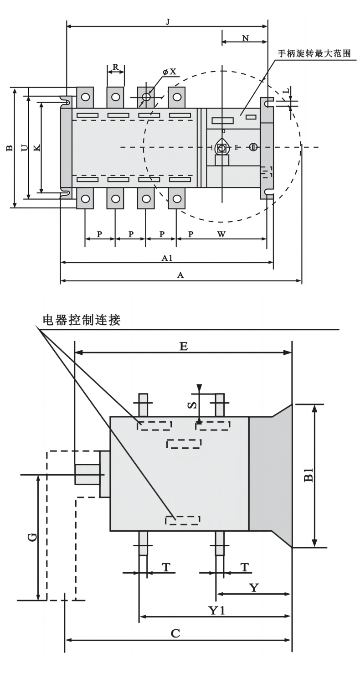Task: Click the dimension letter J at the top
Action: [168, 21]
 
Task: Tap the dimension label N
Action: [246, 38]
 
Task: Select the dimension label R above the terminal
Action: [116, 67]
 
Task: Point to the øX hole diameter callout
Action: [170, 72]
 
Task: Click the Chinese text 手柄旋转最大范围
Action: [314, 53]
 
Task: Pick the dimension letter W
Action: [221, 234]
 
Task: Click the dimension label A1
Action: [167, 258]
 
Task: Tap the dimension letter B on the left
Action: [9, 148]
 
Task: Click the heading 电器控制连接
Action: [82, 320]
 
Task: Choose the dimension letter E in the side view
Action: [183, 346]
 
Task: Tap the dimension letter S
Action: [193, 404]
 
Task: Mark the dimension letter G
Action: [32, 537]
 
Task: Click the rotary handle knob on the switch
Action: [222, 147]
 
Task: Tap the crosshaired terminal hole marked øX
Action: [146, 97]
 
